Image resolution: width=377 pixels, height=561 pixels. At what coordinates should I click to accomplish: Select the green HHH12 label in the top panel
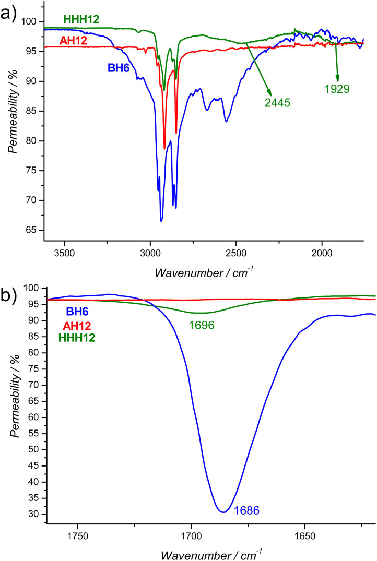[x=82, y=19]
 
